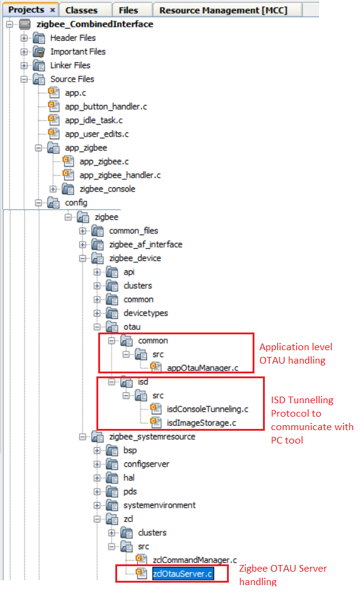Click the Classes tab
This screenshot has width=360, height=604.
(81, 10)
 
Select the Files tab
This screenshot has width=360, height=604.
(128, 10)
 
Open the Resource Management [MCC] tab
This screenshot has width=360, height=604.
(223, 10)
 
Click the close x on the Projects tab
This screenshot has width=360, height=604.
(52, 10)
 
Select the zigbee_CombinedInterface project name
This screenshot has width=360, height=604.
(95, 24)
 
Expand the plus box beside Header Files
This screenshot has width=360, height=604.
(24, 38)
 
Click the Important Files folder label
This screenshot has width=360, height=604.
(78, 52)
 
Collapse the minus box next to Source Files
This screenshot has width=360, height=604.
(24, 79)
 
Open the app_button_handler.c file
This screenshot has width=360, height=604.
(106, 107)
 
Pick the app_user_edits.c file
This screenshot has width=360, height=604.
(97, 134)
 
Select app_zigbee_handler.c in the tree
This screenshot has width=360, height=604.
(120, 175)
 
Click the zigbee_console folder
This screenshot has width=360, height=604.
(107, 189)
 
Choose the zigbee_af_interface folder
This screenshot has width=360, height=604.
(146, 245)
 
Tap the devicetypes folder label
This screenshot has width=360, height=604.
(146, 313)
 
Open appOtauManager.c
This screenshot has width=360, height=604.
(203, 368)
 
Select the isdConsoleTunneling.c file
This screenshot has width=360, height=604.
(207, 409)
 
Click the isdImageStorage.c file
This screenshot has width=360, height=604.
(201, 423)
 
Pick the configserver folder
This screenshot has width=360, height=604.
(146, 464)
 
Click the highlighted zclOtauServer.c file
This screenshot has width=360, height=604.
(182, 573)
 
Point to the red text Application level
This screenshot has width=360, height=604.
(296, 347)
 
